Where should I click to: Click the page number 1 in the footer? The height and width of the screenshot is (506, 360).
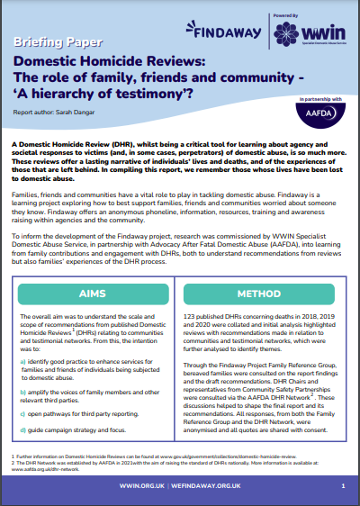[x=343, y=484]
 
